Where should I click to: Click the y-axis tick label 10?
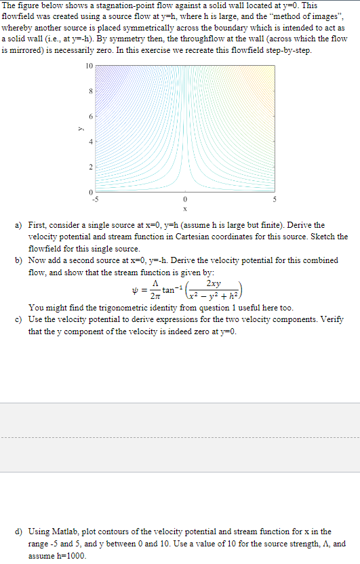(x=89, y=66)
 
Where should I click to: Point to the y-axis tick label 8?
(x=92, y=91)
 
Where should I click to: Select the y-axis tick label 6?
(x=92, y=116)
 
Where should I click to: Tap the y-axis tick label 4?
(x=92, y=141)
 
